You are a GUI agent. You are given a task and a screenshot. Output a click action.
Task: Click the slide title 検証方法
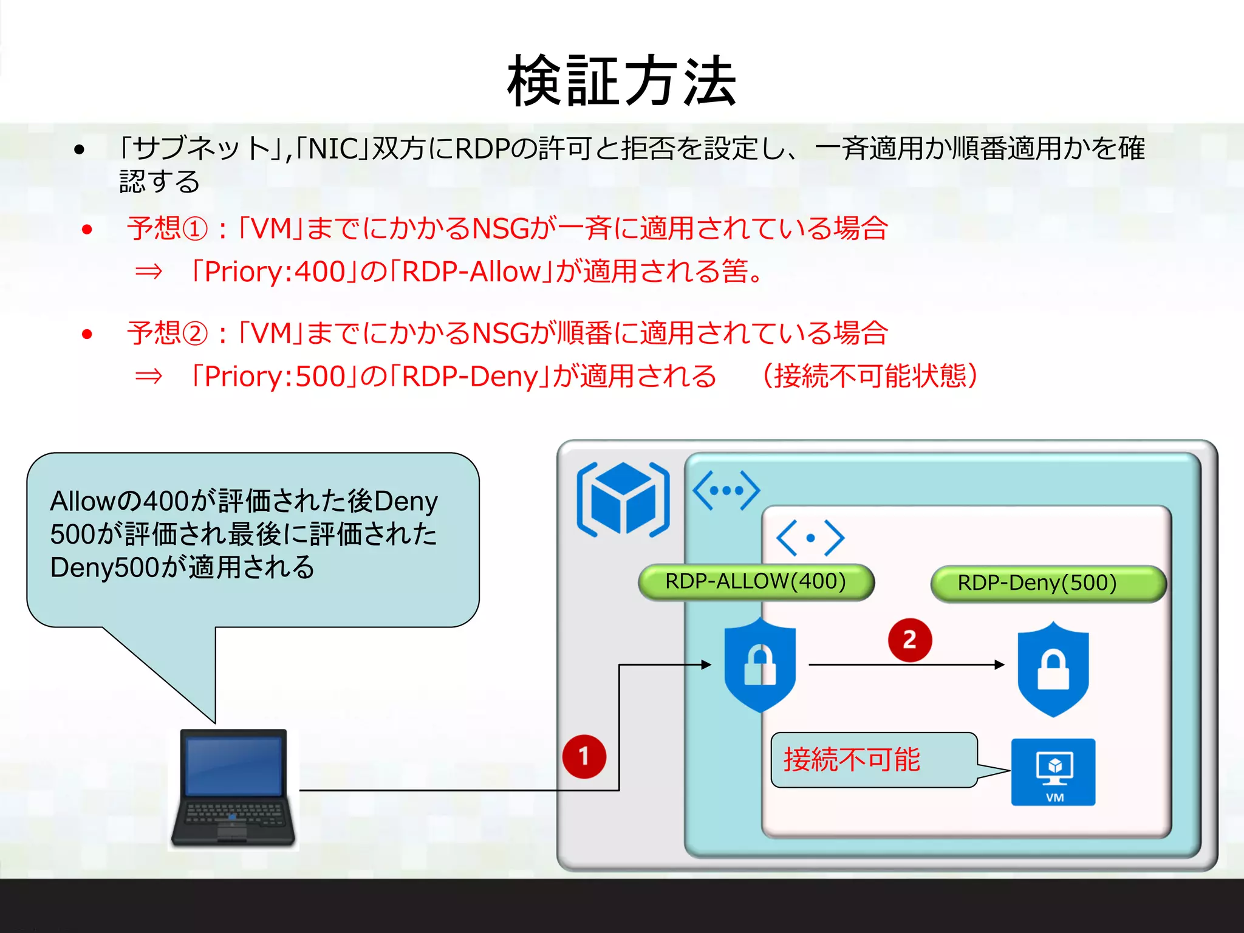(621, 81)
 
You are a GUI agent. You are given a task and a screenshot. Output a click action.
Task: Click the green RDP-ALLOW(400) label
(756, 582)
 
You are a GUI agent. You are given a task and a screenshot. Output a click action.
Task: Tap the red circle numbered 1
(584, 757)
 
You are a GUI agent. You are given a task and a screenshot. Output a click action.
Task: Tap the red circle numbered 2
(909, 640)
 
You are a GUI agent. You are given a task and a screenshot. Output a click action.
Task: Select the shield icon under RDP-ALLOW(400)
(760, 666)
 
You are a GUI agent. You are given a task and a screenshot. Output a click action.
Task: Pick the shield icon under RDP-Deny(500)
(1053, 669)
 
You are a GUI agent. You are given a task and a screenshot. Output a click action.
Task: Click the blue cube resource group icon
(623, 499)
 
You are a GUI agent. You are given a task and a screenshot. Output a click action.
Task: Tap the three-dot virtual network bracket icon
(726, 490)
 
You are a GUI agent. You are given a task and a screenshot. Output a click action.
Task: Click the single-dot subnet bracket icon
(810, 538)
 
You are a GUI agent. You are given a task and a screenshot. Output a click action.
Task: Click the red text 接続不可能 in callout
(852, 760)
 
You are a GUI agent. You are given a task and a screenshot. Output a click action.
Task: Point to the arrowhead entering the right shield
(1000, 665)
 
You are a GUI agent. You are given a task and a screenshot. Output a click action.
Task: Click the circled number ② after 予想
(195, 334)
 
